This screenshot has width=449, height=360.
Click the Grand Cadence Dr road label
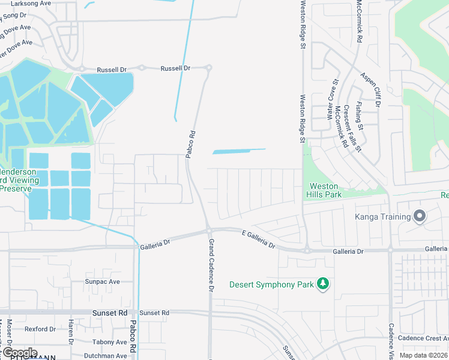(x=211, y=265)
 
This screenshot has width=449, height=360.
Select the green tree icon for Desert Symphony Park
(x=323, y=284)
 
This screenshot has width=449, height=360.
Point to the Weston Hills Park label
(x=325, y=191)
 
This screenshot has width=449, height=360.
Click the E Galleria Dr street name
(x=258, y=238)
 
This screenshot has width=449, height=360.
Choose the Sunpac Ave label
(x=102, y=281)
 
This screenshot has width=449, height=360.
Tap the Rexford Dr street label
(x=40, y=329)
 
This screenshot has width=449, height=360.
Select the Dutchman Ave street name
(x=105, y=355)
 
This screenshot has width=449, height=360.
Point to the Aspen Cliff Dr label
(x=371, y=91)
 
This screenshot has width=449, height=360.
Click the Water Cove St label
(x=332, y=100)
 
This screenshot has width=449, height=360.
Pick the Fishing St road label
(x=359, y=115)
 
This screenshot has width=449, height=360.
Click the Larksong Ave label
(x=17, y=3)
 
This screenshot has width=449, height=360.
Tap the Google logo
(x=19, y=353)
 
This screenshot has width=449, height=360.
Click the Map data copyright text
(x=424, y=355)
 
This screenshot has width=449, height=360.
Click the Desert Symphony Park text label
(x=271, y=284)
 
